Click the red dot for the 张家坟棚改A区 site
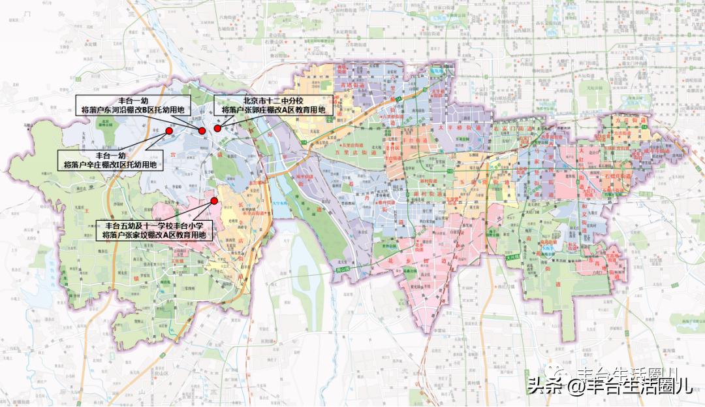[x=213, y=201]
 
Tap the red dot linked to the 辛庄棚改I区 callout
[x=169, y=131]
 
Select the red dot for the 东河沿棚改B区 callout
[x=202, y=131]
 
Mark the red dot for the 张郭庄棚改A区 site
[x=217, y=129]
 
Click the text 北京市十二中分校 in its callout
[x=274, y=101]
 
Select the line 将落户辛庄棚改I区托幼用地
[x=110, y=165]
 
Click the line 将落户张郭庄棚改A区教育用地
[x=274, y=111]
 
